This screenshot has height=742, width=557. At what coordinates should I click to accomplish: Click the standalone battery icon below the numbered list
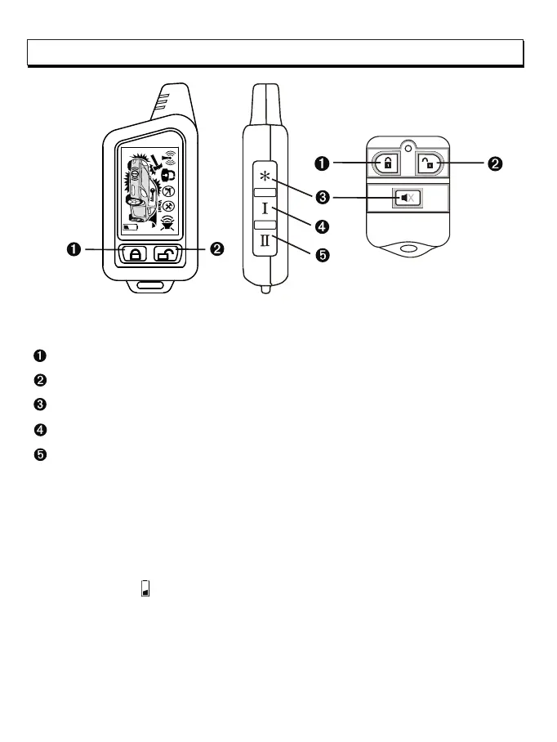click(145, 588)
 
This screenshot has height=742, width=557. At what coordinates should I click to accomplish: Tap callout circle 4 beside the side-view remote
click(322, 225)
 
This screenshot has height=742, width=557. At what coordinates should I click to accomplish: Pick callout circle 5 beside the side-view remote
click(322, 255)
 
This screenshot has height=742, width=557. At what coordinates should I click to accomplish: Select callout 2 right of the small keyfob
click(494, 163)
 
